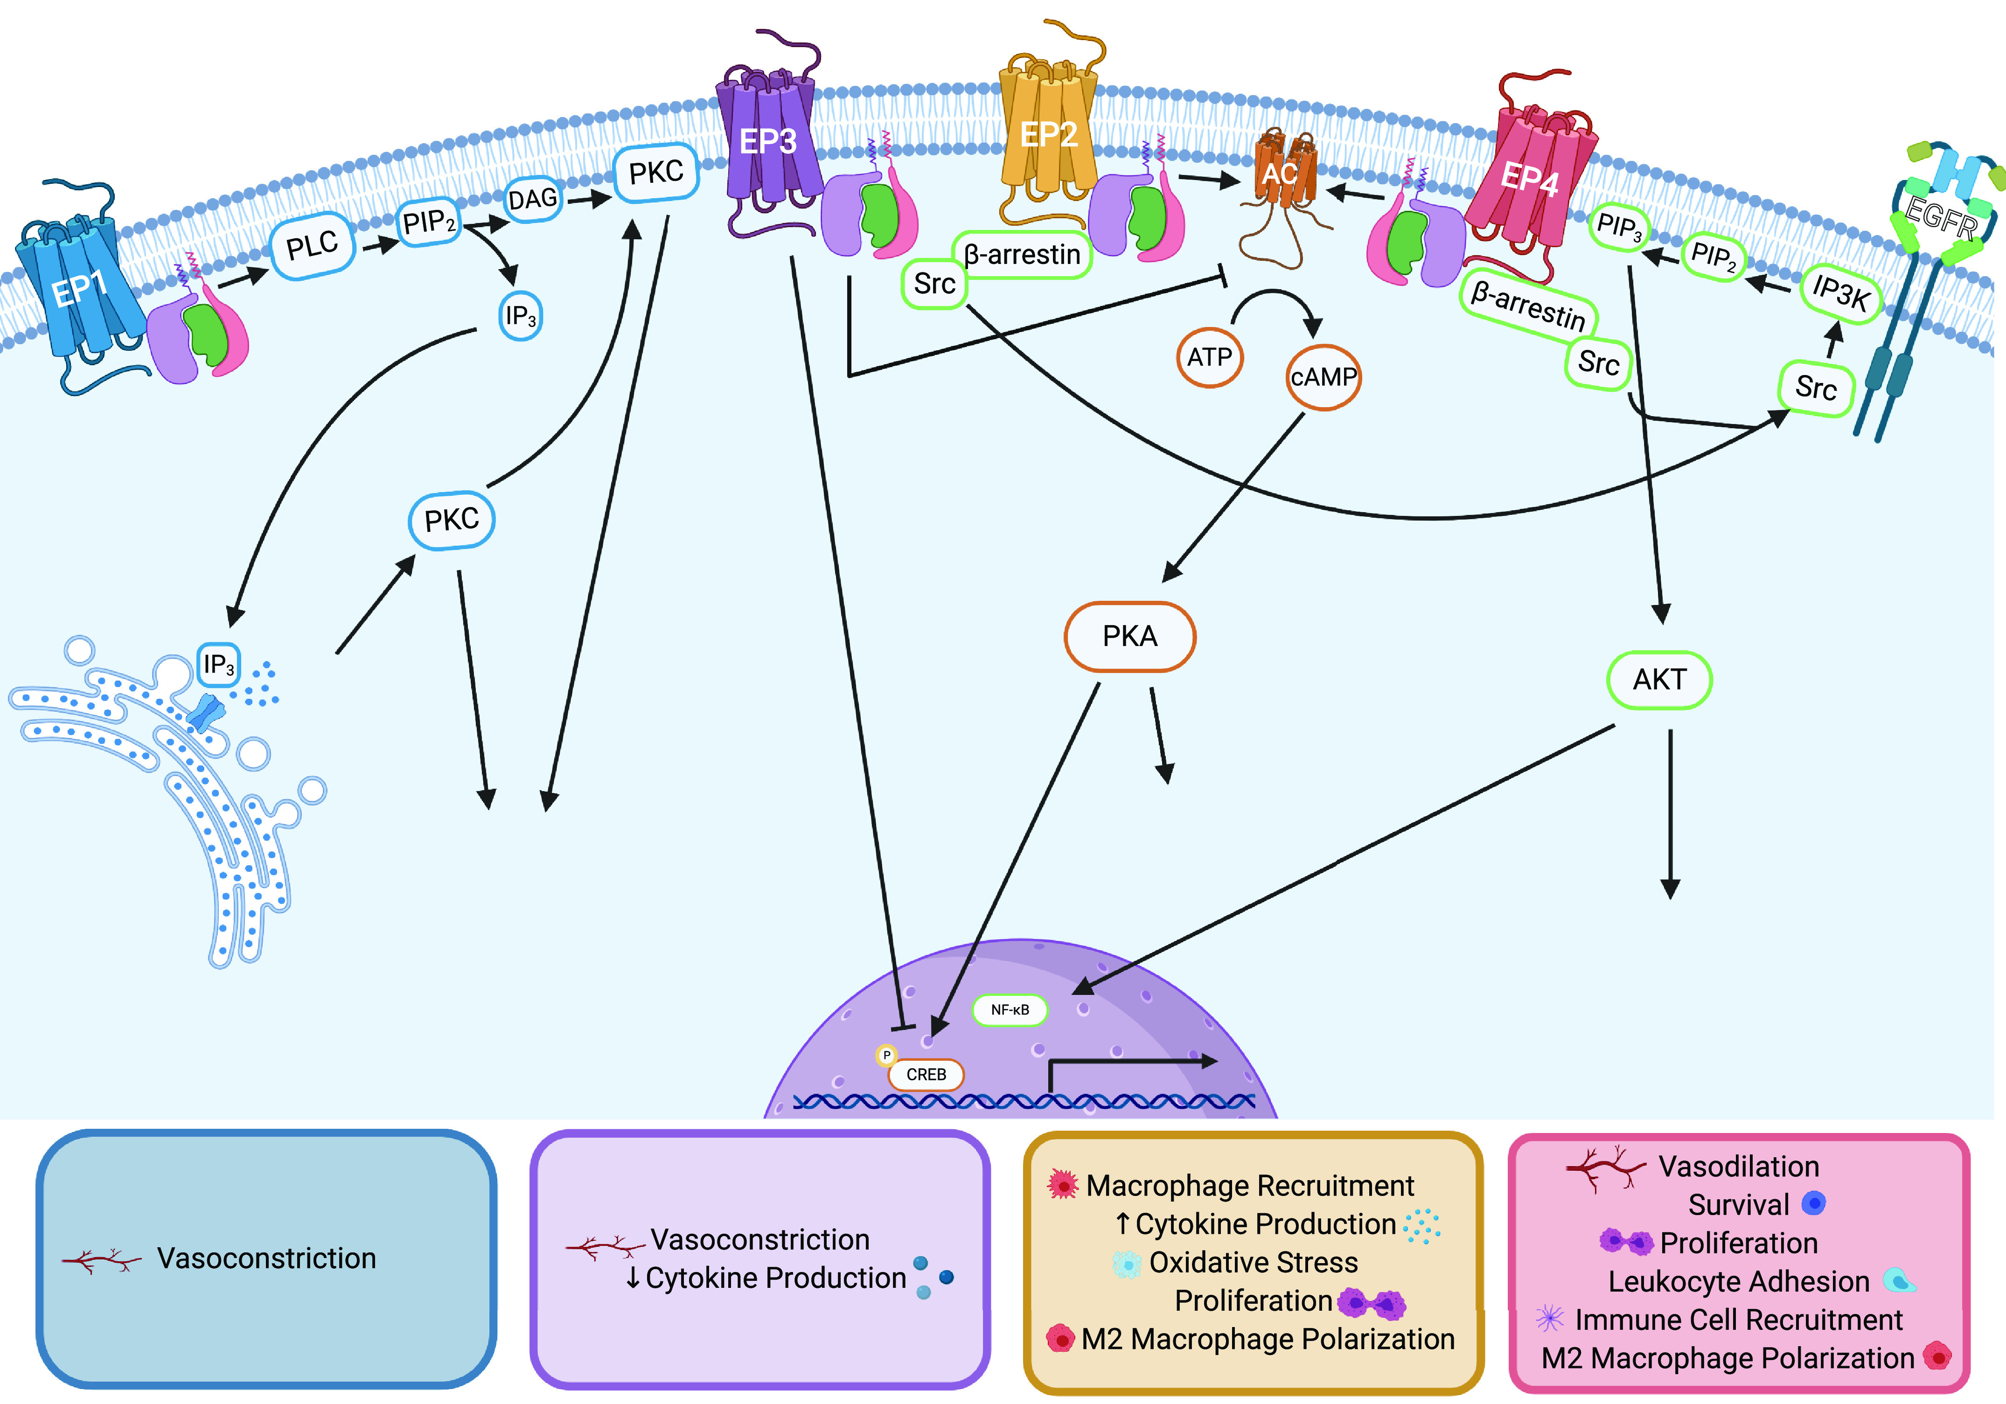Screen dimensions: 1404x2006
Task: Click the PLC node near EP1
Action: [x=312, y=246]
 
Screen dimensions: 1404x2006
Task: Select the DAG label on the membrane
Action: [x=532, y=199]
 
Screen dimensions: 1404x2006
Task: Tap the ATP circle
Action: [x=1209, y=356]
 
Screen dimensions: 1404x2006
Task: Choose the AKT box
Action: [x=1658, y=679]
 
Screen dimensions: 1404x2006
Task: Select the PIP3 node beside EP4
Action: [x=1618, y=227]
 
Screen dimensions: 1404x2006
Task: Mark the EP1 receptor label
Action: [x=79, y=288]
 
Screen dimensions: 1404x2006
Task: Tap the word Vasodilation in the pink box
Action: [x=1739, y=1167]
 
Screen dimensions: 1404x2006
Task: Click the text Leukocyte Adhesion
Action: [x=1739, y=1282]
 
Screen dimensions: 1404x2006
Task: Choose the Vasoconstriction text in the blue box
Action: [x=266, y=1258]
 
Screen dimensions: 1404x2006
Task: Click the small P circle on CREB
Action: [x=886, y=1056]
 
